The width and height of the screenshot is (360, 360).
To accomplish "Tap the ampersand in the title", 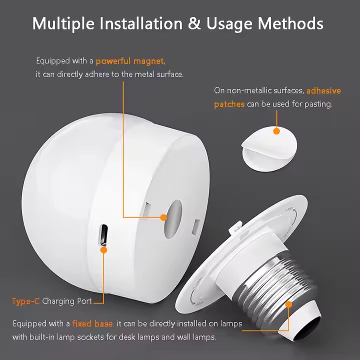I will click(x=195, y=23).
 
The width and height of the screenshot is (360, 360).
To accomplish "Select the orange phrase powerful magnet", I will click(x=129, y=61).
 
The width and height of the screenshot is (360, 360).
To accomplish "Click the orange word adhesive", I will click(x=323, y=90).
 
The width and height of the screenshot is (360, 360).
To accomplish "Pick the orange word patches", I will click(x=229, y=104).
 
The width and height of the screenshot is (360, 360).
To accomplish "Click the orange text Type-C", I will click(x=25, y=301).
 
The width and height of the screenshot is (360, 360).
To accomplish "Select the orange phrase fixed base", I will click(x=92, y=323).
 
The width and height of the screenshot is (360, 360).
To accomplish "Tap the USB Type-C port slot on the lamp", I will click(x=103, y=233).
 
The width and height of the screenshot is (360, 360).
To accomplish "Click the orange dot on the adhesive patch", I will click(x=276, y=131).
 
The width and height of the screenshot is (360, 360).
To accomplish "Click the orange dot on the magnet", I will click(x=163, y=217).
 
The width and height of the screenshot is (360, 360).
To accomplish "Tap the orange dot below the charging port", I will click(x=103, y=248).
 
